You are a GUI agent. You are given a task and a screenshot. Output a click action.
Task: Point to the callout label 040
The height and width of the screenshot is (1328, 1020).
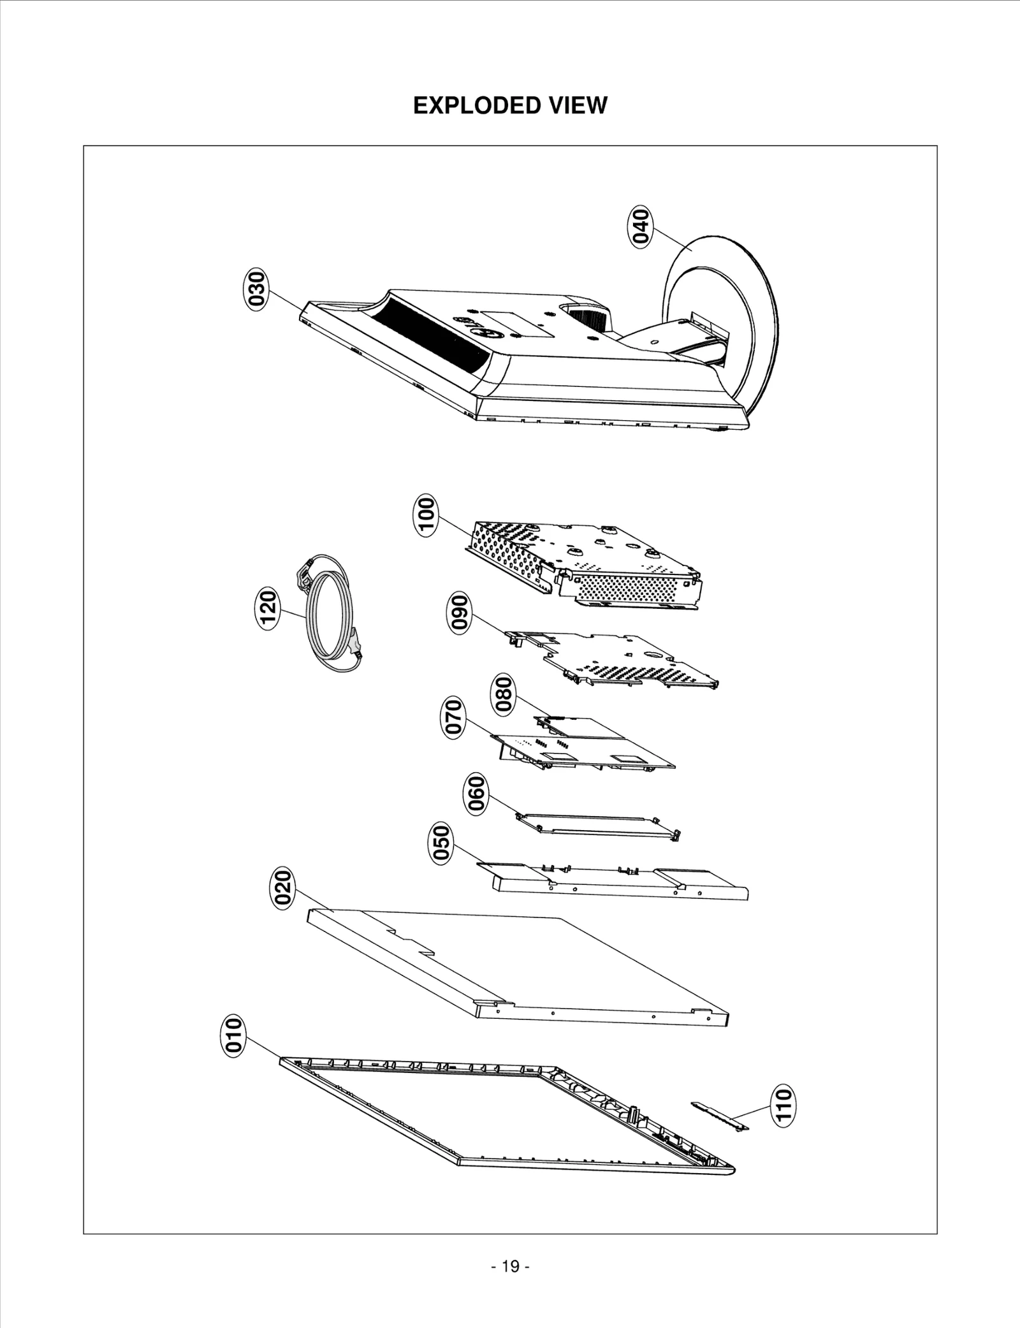(x=641, y=226)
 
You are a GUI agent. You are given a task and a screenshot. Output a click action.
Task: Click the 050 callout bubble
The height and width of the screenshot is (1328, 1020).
(x=441, y=842)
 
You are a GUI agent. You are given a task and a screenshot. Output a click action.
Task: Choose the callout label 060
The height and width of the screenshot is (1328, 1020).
(x=476, y=794)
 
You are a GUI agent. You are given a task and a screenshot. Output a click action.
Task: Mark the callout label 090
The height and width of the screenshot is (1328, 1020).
(x=459, y=613)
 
